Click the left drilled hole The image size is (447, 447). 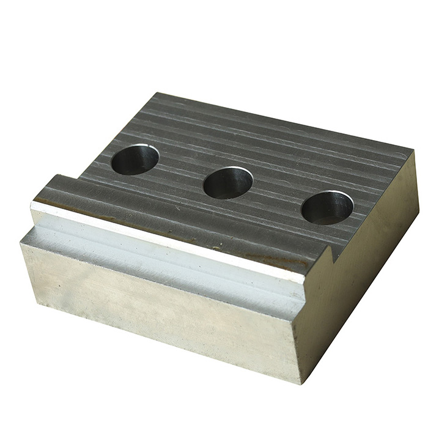point(135,159)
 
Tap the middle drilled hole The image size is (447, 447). point(227,182)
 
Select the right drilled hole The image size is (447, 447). point(327,207)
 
